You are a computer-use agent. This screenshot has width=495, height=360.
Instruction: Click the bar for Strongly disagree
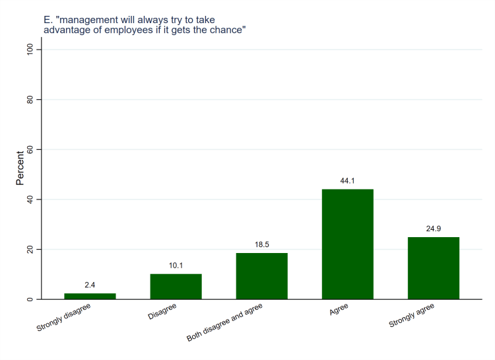(x=90, y=297)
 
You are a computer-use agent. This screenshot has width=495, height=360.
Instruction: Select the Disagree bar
(x=176, y=287)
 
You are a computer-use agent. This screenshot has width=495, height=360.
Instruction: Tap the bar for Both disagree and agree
(x=262, y=276)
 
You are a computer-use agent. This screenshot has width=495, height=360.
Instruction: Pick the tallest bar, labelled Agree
(x=348, y=244)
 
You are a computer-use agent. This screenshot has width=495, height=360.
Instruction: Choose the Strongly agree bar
(x=434, y=268)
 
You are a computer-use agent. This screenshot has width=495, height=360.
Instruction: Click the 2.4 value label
(x=90, y=285)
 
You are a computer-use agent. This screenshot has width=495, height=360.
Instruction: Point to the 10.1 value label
(x=176, y=266)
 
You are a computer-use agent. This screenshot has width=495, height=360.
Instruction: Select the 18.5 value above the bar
(x=262, y=244)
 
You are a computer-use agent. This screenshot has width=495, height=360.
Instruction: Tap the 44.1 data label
(x=348, y=180)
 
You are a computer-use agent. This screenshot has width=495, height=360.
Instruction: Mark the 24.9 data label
(x=434, y=229)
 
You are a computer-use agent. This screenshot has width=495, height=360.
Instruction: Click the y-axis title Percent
(x=20, y=168)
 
